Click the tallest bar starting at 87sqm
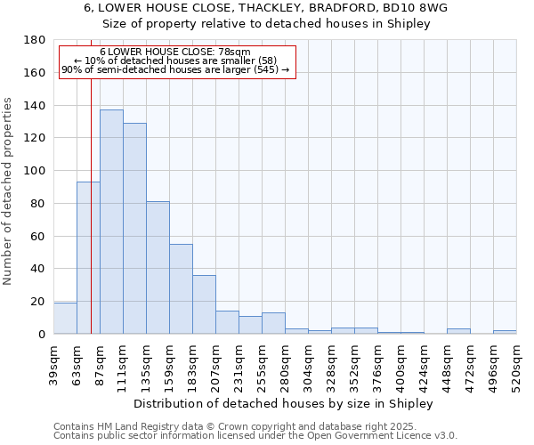tap(111, 222)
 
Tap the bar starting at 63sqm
tap(88, 258)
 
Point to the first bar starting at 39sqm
tap(65, 319)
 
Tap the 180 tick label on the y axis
tap(36, 40)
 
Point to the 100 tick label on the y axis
tap(36, 171)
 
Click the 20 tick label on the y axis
tap(39, 302)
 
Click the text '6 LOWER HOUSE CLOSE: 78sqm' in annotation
tap(175, 53)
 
